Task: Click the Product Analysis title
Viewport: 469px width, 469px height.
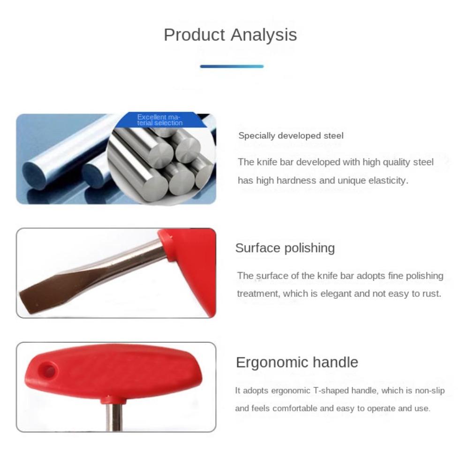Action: click(230, 35)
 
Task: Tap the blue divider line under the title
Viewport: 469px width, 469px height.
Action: click(232, 66)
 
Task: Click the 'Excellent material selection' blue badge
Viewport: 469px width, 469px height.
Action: click(159, 120)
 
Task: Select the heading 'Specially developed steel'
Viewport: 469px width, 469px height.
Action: click(291, 136)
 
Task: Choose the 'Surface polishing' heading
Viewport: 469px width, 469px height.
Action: click(285, 248)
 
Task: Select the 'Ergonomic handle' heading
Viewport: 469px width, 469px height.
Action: click(296, 362)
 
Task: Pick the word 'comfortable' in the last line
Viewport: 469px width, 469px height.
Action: click(295, 408)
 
